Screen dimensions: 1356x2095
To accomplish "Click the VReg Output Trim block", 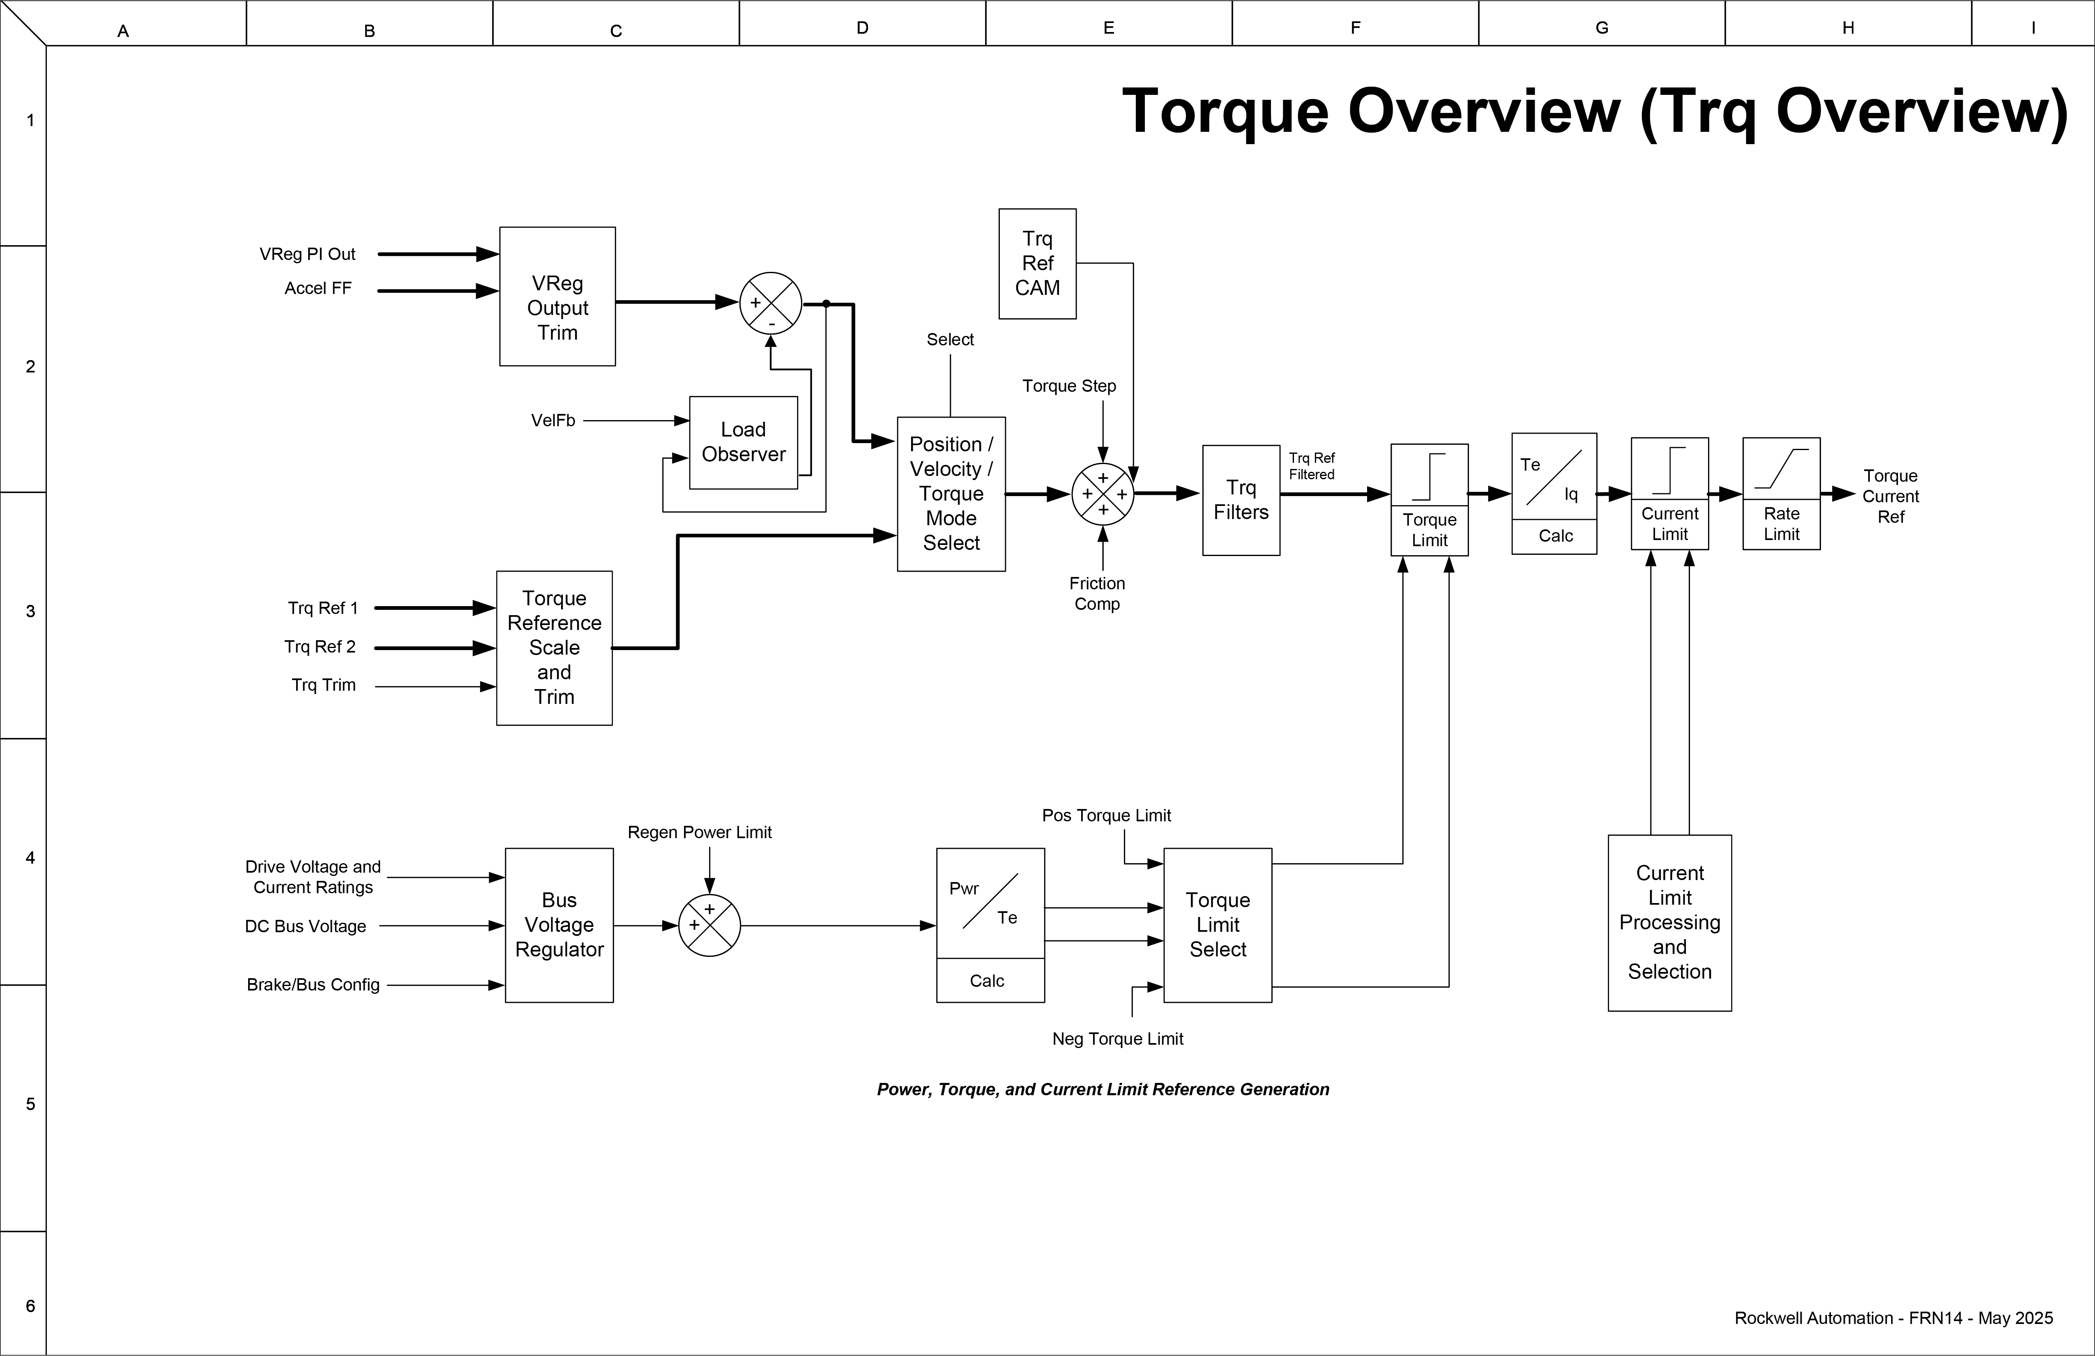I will click(557, 296).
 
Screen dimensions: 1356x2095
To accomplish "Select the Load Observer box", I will click(743, 443).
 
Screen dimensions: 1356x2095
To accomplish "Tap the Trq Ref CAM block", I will click(1037, 263).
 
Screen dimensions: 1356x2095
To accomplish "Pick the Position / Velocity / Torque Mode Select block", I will click(951, 494).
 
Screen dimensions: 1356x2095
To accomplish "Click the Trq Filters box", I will click(1240, 500).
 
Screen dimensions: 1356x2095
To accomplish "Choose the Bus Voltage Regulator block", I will click(559, 925).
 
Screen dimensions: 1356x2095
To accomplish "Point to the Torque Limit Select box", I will click(1218, 925).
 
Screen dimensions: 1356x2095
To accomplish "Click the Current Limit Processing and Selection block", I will click(1669, 922).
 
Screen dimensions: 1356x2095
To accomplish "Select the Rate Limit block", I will click(1781, 494).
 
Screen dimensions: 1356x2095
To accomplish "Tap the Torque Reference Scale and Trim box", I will click(554, 648).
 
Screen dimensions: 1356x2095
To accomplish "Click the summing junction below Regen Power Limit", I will click(709, 925).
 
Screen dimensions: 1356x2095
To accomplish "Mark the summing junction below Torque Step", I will click(1102, 494).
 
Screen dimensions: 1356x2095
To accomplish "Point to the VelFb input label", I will click(553, 421).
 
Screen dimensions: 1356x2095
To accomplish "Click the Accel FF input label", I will click(318, 289).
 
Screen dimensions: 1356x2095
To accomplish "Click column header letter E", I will click(1108, 28).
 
